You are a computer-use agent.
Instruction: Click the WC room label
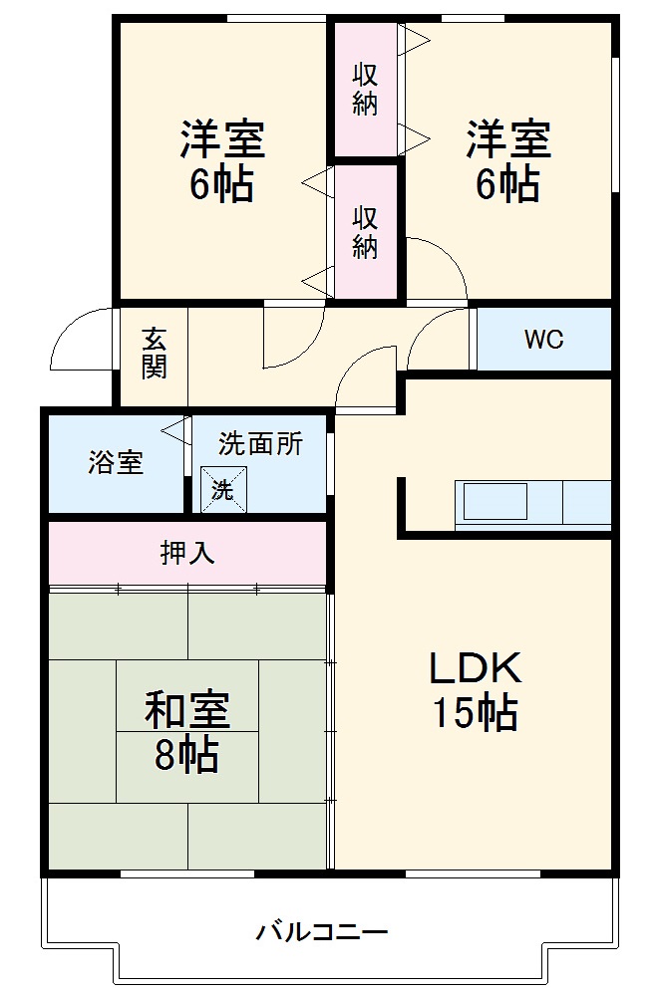coord(544,339)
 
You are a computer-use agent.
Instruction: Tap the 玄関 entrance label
coord(154,354)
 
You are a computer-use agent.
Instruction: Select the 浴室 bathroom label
coord(116,462)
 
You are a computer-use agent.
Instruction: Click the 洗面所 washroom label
coord(260,444)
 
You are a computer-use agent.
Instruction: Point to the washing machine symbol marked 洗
coord(220,488)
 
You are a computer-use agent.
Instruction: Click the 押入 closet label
coord(187,553)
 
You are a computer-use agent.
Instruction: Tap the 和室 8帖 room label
coord(187,732)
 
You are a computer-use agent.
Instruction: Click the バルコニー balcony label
coord(321,932)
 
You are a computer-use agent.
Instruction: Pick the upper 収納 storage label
coord(366,90)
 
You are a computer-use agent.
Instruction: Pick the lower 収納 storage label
coord(366,232)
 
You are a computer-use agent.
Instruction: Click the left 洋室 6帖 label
coord(222,161)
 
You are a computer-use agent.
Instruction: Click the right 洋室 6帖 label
coord(508,161)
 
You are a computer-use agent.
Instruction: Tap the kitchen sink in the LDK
coord(494,500)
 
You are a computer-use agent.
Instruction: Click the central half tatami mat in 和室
coord(187,731)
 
